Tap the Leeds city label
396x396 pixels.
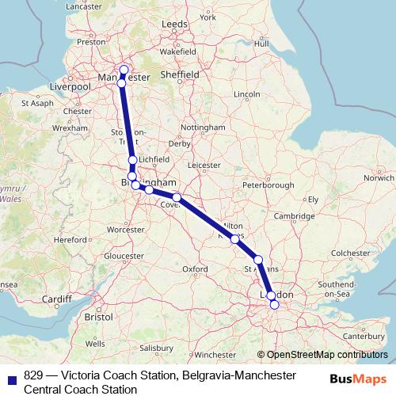click(173, 25)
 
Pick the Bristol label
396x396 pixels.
click(99, 316)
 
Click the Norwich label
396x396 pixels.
click(379, 178)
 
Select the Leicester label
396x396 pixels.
click(204, 166)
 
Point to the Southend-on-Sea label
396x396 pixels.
click(339, 288)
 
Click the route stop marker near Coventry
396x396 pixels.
click(177, 197)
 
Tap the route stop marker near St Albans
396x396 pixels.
click(258, 260)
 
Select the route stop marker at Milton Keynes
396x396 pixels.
click(235, 238)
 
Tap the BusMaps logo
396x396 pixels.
click(352, 379)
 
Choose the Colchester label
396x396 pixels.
click(351, 253)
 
